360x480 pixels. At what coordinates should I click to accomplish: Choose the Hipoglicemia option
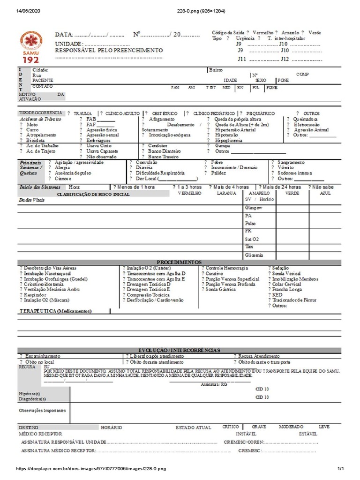click(228, 140)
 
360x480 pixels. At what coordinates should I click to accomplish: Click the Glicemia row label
click(254, 255)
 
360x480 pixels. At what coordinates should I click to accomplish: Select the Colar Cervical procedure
click(286, 284)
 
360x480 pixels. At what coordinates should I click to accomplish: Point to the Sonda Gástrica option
click(221, 289)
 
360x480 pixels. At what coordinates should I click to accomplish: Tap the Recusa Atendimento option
click(259, 356)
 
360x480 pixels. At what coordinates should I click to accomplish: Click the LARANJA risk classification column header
click(226, 193)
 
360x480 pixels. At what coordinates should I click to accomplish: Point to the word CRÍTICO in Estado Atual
click(230, 427)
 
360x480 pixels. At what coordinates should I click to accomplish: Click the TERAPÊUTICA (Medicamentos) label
click(56, 311)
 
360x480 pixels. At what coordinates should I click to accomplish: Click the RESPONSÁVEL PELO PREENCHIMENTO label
click(109, 50)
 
